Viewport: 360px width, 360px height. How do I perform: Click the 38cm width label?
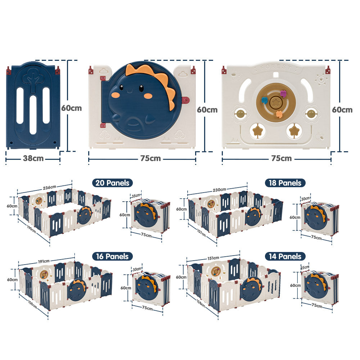33,158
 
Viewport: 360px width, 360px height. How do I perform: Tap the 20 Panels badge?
112,183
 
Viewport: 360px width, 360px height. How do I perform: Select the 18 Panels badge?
285,183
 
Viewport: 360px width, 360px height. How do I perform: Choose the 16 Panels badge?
112,256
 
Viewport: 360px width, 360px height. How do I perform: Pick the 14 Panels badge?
285,256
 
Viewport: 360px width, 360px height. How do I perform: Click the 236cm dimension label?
49,187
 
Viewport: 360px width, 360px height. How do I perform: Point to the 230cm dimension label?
219,190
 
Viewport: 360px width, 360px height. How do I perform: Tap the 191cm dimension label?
44,261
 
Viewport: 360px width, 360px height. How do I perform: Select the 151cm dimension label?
213,258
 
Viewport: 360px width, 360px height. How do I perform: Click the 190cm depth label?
31,229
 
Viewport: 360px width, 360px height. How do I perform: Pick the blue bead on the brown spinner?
265,100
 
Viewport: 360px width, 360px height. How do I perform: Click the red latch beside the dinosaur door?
185,100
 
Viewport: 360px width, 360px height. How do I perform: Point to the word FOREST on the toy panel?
276,68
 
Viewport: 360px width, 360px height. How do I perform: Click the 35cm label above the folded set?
136,195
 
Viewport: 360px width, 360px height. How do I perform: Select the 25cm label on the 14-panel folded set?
305,267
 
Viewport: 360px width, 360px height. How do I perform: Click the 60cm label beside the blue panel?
71,108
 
